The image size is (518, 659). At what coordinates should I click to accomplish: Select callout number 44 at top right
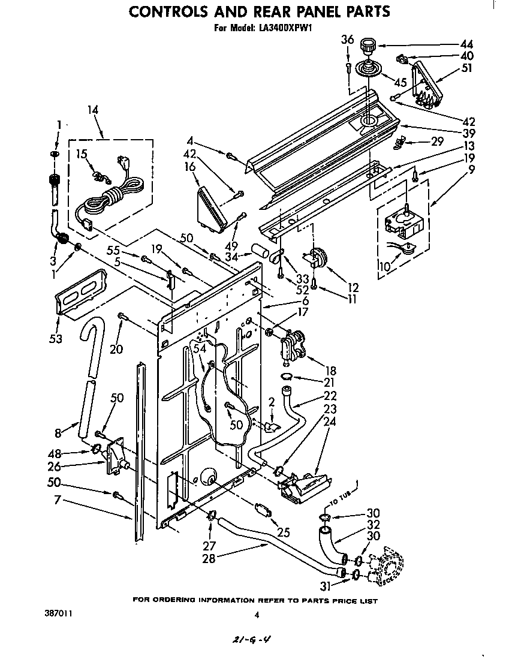(449, 44)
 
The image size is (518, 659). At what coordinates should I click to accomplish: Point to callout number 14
(92, 110)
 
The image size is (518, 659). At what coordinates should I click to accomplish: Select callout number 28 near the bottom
(209, 559)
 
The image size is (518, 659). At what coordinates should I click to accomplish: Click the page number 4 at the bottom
(256, 615)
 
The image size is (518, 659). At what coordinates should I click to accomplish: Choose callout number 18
(330, 371)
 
